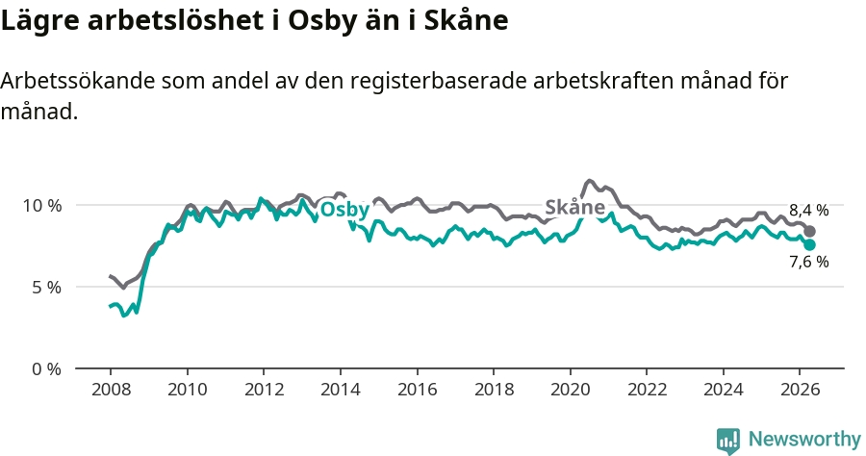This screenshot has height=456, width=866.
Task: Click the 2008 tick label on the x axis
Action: [x=111, y=390]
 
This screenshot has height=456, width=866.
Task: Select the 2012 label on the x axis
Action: [x=264, y=390]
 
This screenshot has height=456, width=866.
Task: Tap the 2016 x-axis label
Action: [x=417, y=390]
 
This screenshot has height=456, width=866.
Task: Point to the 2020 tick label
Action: [x=571, y=390]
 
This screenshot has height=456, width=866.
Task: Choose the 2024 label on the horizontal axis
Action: [x=724, y=390]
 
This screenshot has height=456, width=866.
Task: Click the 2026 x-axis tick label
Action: [x=801, y=390]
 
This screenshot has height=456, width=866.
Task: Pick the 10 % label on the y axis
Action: [x=42, y=206]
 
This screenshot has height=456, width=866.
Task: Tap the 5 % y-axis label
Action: [x=47, y=288]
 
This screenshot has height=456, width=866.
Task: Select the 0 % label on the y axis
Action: [x=47, y=369]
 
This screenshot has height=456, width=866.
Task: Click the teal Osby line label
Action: [x=344, y=210]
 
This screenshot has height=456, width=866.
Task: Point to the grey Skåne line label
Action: [x=575, y=207]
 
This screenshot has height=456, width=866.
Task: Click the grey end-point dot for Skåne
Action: [x=809, y=231]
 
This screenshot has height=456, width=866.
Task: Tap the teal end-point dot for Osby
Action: [x=809, y=244]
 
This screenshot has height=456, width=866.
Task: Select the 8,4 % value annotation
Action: [x=809, y=211]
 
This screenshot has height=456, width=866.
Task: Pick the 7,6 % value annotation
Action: [x=809, y=262]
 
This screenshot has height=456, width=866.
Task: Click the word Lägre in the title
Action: [x=40, y=21]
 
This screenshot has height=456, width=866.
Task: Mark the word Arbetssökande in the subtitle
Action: [x=78, y=81]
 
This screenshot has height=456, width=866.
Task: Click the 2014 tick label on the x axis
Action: [x=341, y=390]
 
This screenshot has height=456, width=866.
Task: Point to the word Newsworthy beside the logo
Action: [x=804, y=440]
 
